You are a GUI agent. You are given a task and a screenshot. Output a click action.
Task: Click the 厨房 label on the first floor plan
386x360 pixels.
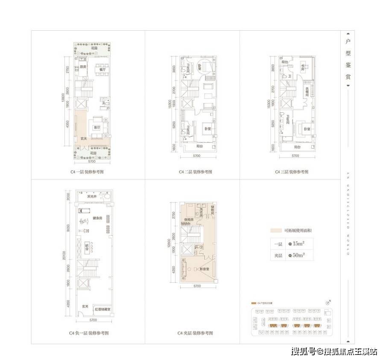[83, 67]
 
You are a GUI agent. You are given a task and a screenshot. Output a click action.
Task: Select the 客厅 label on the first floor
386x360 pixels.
[97, 127]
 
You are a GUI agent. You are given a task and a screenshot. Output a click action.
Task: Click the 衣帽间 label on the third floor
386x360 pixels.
[307, 91]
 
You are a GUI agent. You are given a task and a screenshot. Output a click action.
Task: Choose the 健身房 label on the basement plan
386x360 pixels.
[96, 218]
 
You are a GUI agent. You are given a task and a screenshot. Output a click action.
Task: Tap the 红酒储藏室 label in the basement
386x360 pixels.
[103, 308]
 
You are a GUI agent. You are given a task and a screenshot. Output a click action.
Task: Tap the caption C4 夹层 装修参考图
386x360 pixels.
[195, 333]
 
